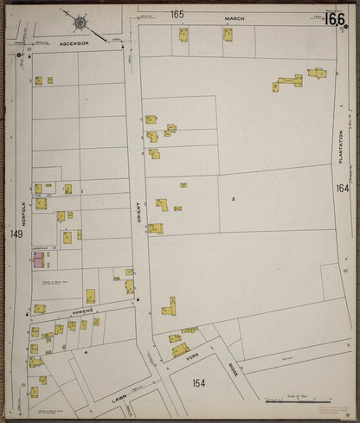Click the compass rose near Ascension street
[x=80, y=22]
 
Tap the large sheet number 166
[x=335, y=19]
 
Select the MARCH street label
[x=235, y=16]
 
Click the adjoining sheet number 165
[x=177, y=14]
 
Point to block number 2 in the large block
[x=234, y=199]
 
